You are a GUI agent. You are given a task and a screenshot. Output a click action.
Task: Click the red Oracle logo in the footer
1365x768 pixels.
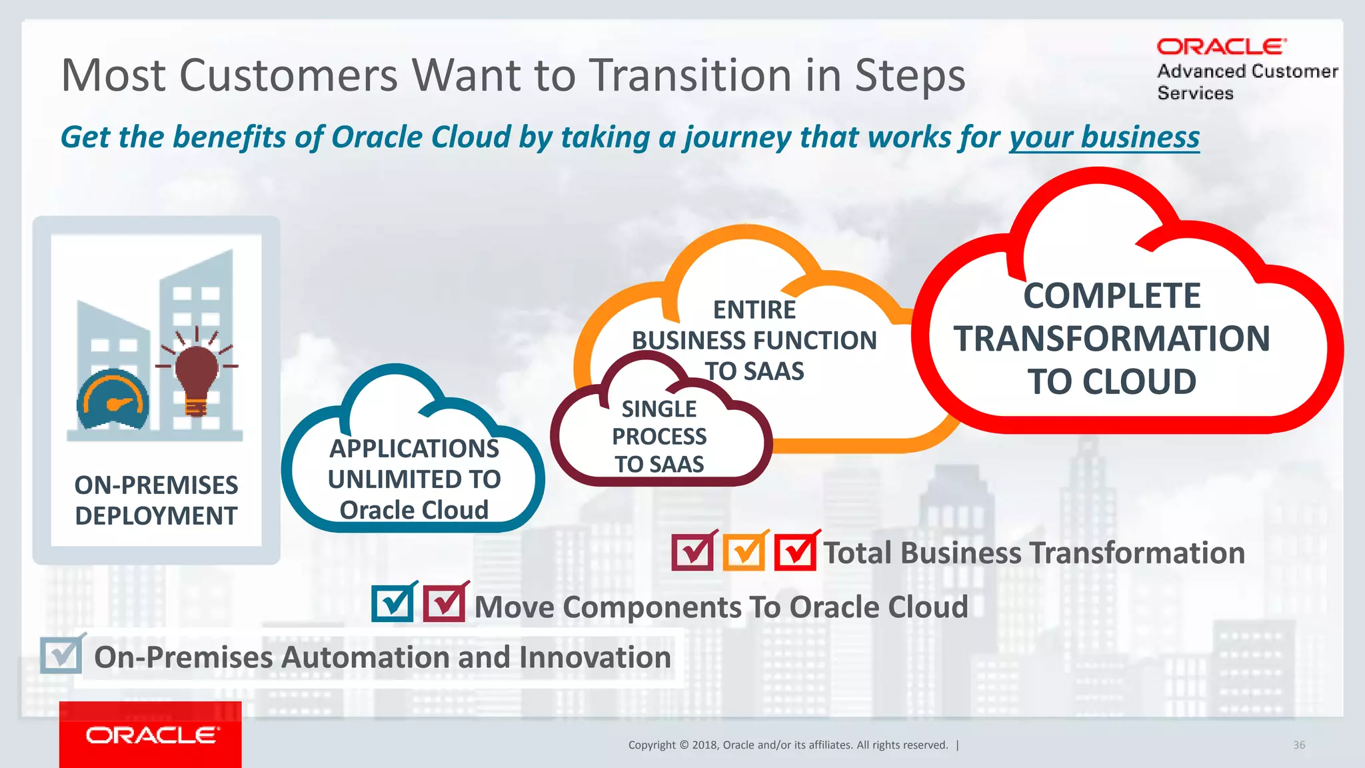[x=151, y=735]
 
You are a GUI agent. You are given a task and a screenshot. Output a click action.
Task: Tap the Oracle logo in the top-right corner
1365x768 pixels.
[x=1221, y=47]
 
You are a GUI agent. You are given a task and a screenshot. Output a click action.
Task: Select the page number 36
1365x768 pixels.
[x=1299, y=745]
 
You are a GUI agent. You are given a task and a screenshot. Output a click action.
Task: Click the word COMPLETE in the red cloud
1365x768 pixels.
[x=1112, y=296]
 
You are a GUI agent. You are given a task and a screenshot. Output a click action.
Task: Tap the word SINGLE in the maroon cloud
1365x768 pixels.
[x=659, y=409]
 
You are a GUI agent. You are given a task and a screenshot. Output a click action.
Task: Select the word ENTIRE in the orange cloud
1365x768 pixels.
[x=754, y=310]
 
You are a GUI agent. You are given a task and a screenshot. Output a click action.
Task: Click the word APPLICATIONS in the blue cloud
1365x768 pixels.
[x=414, y=449]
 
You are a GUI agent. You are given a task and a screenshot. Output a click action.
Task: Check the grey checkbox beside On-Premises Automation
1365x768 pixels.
[x=61, y=655]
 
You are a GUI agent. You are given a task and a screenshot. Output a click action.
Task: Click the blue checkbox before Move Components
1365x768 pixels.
[x=393, y=603]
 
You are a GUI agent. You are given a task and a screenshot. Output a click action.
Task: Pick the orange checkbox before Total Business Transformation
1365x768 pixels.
[x=744, y=552]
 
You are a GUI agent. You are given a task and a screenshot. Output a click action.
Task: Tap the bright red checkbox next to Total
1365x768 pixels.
[x=795, y=552]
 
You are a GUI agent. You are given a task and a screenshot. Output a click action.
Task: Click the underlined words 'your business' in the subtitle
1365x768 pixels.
[x=1104, y=137]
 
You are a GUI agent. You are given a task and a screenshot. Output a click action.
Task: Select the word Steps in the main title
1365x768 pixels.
[x=910, y=75]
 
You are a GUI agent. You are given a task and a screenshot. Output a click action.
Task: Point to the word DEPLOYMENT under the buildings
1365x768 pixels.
[x=156, y=516]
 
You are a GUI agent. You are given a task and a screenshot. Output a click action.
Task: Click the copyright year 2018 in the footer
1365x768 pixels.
[x=704, y=745]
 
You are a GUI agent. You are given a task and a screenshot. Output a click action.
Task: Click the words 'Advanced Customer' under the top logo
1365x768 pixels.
[x=1247, y=71]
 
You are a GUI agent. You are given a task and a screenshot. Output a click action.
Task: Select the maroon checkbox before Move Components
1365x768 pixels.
[x=444, y=603]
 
